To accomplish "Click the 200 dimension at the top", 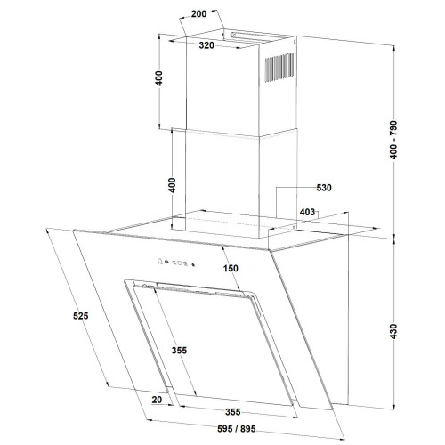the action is tap(198, 14).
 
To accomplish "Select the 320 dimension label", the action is tap(206, 45).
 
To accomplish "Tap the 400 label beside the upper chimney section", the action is tap(159, 78).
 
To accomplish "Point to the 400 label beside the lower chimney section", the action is tap(172, 185).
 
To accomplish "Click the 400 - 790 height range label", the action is tap(393, 140).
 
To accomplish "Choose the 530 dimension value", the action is tap(324, 188).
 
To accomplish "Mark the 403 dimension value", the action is tap(307, 212).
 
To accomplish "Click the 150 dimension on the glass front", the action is tap(231, 268).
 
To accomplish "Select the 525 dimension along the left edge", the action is tap(81, 316).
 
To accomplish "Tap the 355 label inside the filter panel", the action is tap(179, 351).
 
